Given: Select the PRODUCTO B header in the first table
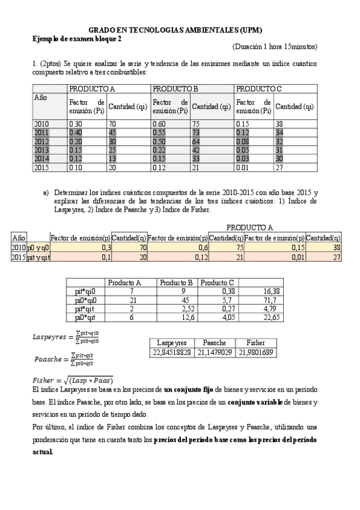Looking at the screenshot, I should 175,89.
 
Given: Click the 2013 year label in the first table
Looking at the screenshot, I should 41,150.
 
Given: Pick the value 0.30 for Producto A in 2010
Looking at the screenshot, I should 76,123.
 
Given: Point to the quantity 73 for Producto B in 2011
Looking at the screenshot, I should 197,132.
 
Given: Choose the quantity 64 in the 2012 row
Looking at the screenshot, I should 197,141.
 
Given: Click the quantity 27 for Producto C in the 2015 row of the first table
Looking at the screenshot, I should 279,167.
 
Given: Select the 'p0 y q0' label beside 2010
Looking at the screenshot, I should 38,247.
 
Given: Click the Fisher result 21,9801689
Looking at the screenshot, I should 255,352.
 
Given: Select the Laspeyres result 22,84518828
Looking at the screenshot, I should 171,352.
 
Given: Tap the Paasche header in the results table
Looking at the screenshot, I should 215,342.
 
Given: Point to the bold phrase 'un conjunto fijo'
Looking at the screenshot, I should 186,390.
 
